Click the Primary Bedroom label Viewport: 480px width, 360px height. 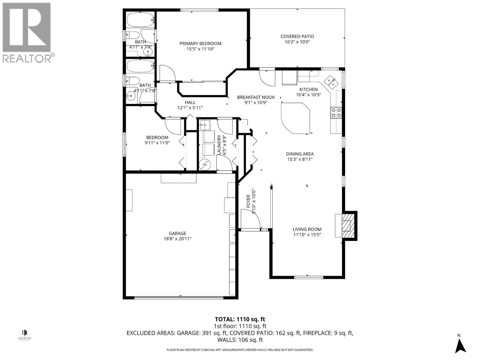click(200, 43)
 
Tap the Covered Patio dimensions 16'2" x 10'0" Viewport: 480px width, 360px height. click(297, 42)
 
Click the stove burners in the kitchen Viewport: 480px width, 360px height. click(336, 112)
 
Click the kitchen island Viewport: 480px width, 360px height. click(295, 118)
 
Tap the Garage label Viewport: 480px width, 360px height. click(178, 233)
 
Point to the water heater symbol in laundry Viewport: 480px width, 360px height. click(205, 164)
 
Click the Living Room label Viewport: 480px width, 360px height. click(307, 229)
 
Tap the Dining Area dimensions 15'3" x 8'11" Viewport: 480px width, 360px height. click(300, 159)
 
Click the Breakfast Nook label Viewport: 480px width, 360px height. click(252, 97)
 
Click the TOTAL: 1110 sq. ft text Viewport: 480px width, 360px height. click(240, 319)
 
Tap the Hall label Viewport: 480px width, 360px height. click(190, 103)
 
